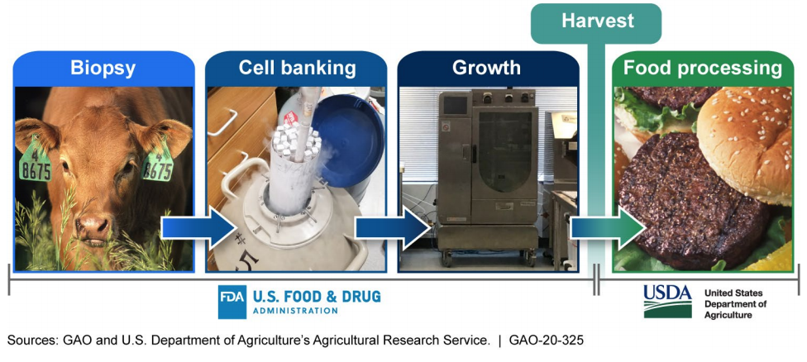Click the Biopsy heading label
(103, 68)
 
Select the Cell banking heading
(297, 68)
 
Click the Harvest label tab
(596, 21)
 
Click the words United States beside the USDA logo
(733, 293)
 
